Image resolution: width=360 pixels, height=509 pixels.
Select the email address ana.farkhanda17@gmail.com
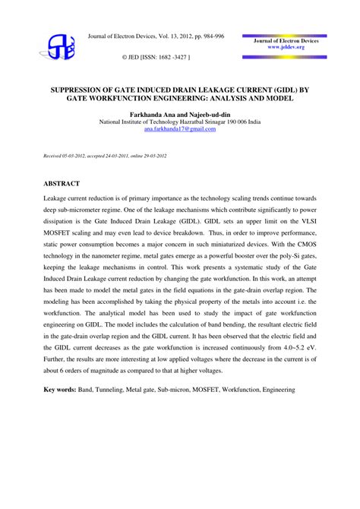coord(179,128)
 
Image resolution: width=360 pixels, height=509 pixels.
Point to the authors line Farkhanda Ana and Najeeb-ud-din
coord(179,112)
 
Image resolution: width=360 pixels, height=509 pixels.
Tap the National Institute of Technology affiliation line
coord(179,121)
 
